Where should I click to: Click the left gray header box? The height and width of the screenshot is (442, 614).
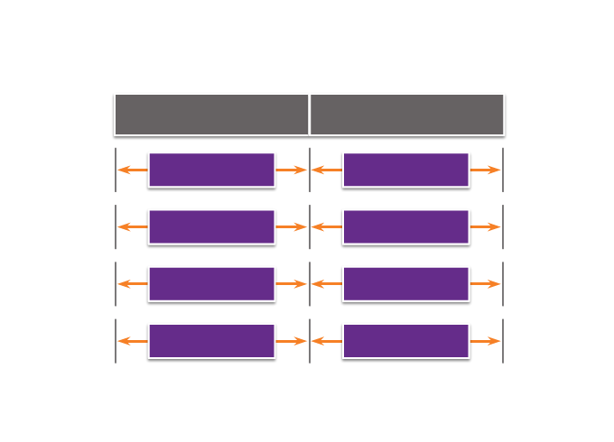(211, 115)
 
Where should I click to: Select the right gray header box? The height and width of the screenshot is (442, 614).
(407, 115)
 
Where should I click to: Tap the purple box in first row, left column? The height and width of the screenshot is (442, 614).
(211, 170)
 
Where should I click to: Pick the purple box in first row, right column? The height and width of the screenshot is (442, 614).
(406, 170)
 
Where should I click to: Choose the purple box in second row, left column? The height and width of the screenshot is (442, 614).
(211, 226)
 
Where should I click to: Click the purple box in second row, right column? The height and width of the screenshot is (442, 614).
(406, 226)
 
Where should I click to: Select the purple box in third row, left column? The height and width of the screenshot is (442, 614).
(211, 283)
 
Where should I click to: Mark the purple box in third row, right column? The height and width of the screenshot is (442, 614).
(406, 283)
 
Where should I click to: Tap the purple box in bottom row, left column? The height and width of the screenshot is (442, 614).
(211, 341)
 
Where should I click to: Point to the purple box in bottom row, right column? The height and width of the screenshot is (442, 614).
(406, 341)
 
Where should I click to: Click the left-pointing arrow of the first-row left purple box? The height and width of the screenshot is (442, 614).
(132, 170)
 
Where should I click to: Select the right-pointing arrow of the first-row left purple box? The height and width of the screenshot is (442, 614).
(292, 170)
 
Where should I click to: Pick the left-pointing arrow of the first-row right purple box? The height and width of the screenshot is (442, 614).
(327, 170)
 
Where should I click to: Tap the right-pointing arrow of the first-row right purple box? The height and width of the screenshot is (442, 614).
(486, 170)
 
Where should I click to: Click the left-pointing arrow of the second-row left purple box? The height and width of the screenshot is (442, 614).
(132, 226)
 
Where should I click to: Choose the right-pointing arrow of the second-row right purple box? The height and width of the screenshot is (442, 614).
(486, 226)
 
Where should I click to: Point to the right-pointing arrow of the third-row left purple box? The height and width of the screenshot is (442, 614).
(292, 283)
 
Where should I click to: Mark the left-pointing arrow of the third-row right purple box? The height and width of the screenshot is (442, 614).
(327, 283)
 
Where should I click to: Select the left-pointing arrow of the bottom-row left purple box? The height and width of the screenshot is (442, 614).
(132, 341)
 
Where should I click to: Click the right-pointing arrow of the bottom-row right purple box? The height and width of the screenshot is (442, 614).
(486, 341)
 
